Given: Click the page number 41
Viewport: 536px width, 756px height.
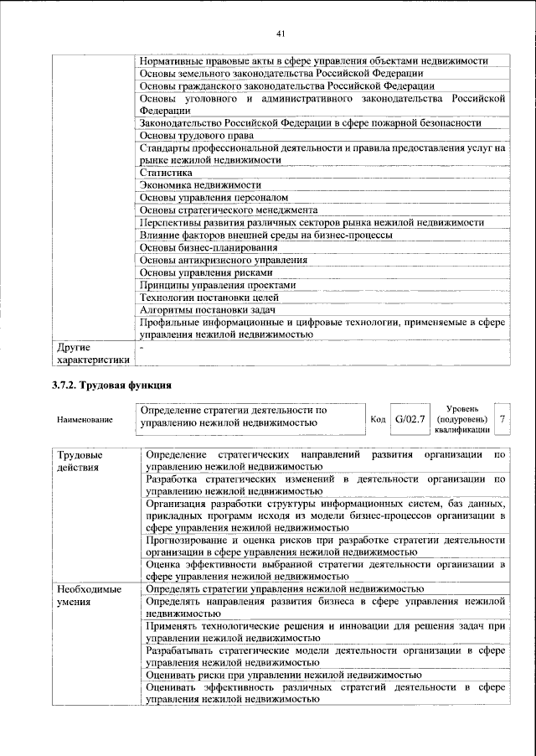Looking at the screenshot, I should [x=281, y=34].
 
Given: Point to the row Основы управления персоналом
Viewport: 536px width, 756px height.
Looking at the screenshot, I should [x=206, y=197].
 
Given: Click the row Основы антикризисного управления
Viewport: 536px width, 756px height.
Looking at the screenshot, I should [x=223, y=260].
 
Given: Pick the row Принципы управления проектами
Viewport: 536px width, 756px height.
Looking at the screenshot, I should [x=217, y=285].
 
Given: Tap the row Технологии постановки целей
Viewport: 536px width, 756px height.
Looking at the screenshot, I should [x=208, y=298].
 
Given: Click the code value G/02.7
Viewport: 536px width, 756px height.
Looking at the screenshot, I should [x=410, y=417].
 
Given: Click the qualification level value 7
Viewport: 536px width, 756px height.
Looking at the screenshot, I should [x=502, y=417].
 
